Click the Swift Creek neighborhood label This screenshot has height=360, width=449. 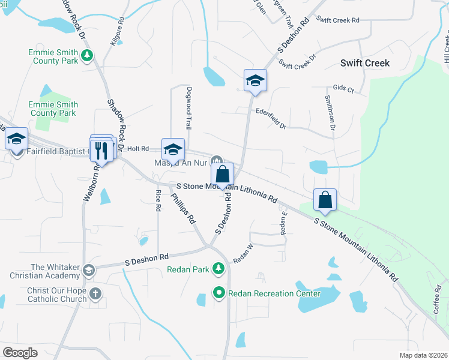(x=364, y=63)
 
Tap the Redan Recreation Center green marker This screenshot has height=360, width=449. (x=219, y=293)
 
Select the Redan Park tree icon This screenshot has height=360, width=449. (x=219, y=268)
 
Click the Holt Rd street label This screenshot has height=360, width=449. (x=137, y=148)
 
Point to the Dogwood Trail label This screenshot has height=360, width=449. (x=188, y=114)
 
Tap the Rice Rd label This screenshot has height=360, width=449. (x=158, y=200)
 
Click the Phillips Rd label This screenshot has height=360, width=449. (x=184, y=208)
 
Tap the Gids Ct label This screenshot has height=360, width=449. (x=343, y=88)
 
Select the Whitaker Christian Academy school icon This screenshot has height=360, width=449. (x=89, y=270)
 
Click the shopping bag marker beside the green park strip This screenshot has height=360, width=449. (x=325, y=201)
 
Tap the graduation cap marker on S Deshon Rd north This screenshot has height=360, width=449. (x=255, y=81)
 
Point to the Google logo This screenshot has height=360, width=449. (x=20, y=353)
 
